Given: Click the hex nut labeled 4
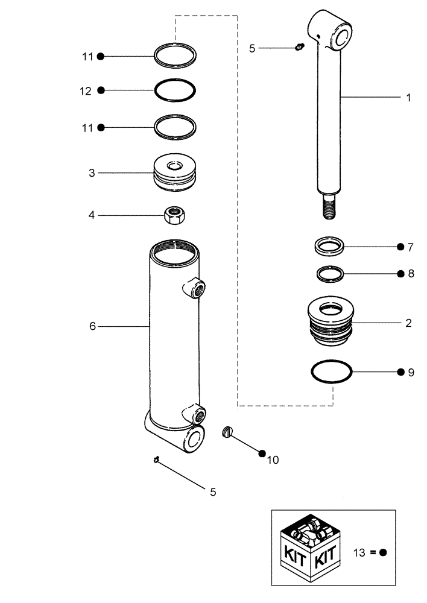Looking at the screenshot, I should [174, 215].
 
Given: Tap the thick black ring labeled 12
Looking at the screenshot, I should [175, 90].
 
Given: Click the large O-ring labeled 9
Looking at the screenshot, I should [332, 371].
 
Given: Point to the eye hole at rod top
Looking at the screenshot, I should [342, 34].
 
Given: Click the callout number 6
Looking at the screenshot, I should [92, 326].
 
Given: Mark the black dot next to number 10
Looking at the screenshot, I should [262, 452].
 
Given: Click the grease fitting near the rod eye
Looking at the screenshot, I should [299, 48].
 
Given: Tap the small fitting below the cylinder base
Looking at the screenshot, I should [156, 461].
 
